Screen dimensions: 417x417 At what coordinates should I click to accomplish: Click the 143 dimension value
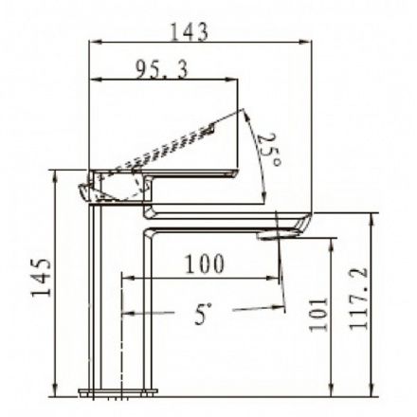tap(190, 31)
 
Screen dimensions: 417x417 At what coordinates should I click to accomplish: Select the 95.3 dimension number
tap(162, 69)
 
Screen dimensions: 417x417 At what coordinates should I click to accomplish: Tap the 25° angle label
tap(268, 150)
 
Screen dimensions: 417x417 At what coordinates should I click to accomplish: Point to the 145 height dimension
tap(41, 278)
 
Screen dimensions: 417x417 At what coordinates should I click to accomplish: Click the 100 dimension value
tap(205, 263)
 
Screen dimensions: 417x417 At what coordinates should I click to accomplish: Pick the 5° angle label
tap(203, 314)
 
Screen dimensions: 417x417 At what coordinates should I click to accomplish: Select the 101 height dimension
tap(318, 315)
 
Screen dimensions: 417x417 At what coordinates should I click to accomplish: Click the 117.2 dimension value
tap(358, 299)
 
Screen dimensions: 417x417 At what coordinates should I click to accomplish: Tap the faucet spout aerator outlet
tap(278, 235)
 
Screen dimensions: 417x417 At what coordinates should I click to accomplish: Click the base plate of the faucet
tap(118, 392)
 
